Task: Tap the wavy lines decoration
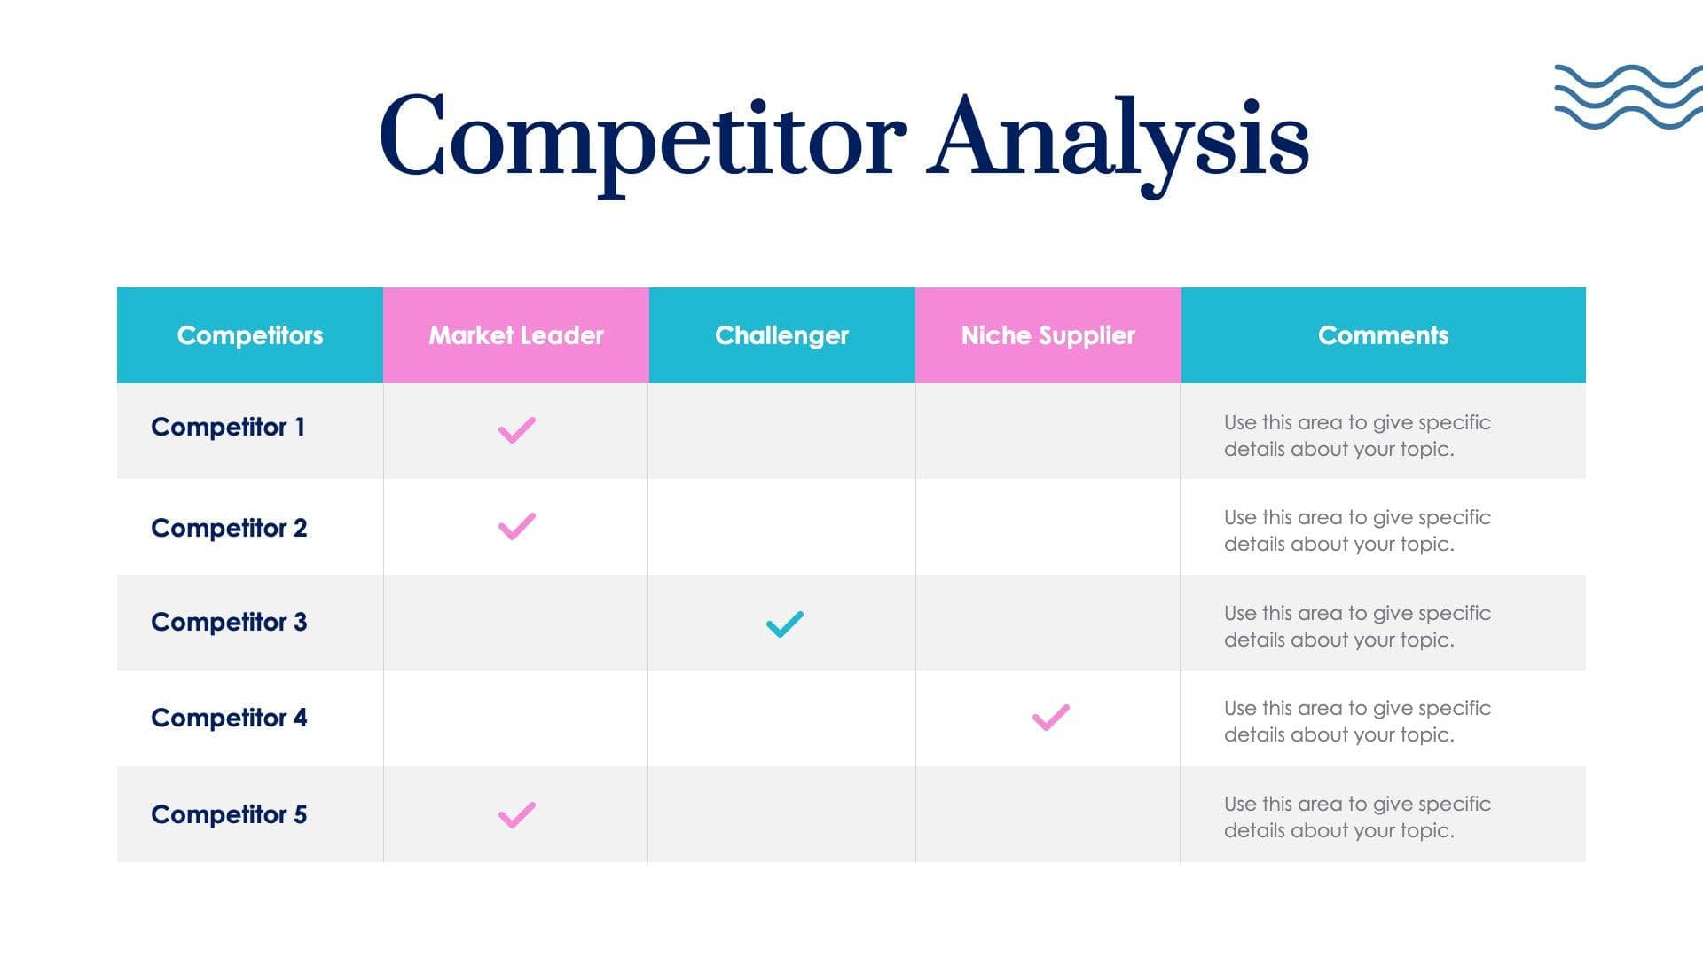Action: coord(1628,97)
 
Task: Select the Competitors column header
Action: coord(250,335)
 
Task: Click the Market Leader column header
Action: coord(516,335)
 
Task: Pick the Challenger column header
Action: coord(781,335)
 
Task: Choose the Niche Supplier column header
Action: coord(1048,335)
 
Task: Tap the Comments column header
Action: coord(1383,335)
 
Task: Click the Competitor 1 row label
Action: coord(228,428)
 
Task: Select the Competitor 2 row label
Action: coord(229,528)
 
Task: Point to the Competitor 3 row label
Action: coord(229,623)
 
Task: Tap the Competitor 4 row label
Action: coord(229,718)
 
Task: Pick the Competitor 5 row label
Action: coord(229,814)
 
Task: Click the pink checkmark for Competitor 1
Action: coord(516,430)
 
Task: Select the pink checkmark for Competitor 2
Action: coord(516,526)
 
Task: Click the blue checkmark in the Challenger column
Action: coord(784,624)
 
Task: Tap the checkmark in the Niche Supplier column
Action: coord(1050,717)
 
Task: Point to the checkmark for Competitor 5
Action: coord(516,814)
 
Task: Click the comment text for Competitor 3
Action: coord(1356,626)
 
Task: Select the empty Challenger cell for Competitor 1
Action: coord(781,431)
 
